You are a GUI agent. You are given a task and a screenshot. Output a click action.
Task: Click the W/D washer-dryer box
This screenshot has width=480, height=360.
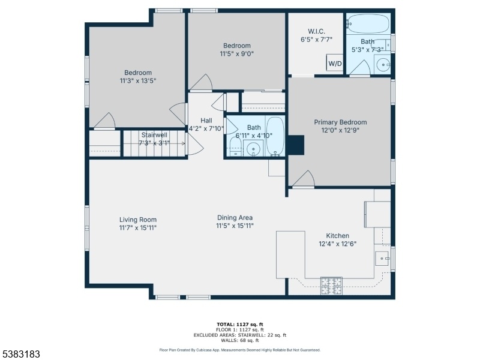(x=335, y=63)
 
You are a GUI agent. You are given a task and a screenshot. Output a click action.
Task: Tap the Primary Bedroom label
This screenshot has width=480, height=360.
(x=340, y=122)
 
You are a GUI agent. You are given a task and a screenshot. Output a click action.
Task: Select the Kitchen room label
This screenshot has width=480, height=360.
(x=337, y=236)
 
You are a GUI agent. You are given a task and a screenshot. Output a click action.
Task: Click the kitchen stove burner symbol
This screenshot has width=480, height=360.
(x=331, y=286)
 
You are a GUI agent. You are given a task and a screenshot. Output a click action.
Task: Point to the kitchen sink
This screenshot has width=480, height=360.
(x=382, y=259)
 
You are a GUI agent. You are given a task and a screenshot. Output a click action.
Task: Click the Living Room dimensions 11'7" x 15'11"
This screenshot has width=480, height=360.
(x=138, y=228)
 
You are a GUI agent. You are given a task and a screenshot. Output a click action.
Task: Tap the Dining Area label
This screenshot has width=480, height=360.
(x=235, y=218)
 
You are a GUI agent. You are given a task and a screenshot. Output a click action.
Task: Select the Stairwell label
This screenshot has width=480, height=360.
(x=154, y=135)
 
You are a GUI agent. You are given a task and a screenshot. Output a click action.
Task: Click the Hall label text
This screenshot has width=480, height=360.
(x=206, y=121)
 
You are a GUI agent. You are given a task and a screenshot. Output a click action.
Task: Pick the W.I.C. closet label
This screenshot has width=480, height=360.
(x=317, y=31)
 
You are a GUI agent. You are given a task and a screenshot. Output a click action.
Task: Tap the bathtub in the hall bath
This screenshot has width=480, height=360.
(x=275, y=137)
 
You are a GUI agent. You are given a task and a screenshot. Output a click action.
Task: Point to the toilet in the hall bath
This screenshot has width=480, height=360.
(x=235, y=147)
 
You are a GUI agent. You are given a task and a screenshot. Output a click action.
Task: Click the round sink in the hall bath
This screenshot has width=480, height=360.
(x=253, y=149)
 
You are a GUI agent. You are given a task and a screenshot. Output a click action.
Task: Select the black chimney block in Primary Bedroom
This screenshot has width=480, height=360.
(x=296, y=145)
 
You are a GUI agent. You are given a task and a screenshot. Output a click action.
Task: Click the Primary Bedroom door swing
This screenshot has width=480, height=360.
(x=304, y=178)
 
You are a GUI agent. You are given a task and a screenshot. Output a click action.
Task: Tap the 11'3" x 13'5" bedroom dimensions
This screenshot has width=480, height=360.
(x=138, y=81)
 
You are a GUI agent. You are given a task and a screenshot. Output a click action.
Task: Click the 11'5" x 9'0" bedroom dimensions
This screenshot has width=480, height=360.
(x=237, y=54)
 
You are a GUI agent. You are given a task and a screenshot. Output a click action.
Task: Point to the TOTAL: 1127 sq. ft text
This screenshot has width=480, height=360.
(x=240, y=325)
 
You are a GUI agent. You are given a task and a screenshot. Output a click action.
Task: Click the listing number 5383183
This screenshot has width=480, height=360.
(x=20, y=354)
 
